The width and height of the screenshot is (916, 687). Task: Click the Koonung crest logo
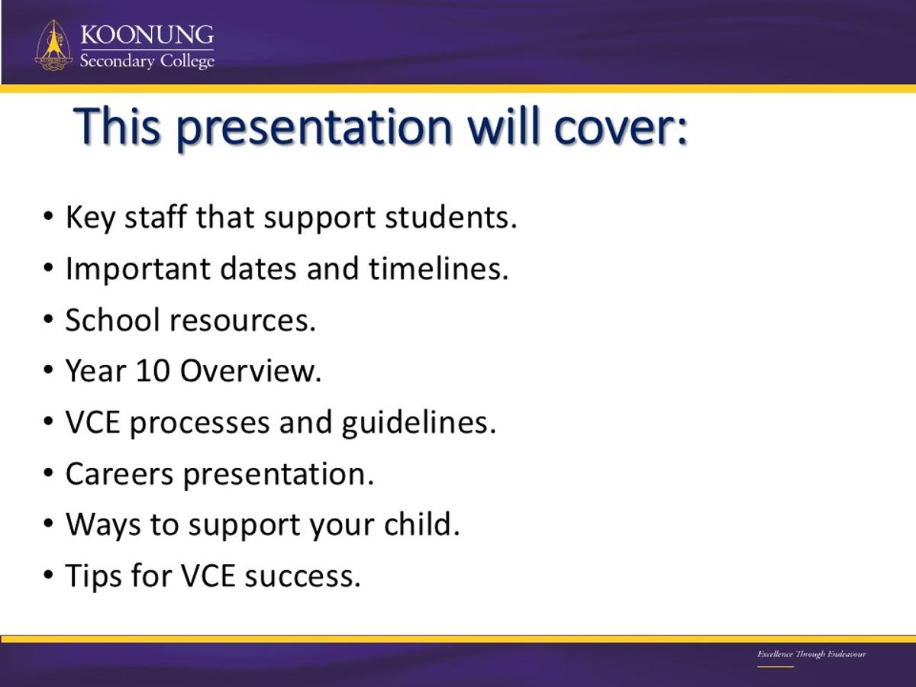click(53, 45)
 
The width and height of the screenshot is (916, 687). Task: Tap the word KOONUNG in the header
click(147, 34)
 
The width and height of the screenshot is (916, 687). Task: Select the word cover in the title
click(620, 127)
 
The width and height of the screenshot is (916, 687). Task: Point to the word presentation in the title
click(314, 127)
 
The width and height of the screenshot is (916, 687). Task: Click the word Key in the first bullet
click(91, 218)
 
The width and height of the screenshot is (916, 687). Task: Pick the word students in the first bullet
click(450, 218)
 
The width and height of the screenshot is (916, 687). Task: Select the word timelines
click(439, 269)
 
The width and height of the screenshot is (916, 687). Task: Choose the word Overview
click(251, 371)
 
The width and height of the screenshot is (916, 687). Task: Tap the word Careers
click(119, 474)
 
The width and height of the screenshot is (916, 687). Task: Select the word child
click(422, 524)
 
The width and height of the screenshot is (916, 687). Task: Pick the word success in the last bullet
click(302, 577)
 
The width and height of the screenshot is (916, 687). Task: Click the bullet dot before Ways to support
click(48, 523)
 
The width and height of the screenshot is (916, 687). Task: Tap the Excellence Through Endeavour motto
click(811, 654)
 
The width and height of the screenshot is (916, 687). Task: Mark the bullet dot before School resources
click(48, 318)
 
